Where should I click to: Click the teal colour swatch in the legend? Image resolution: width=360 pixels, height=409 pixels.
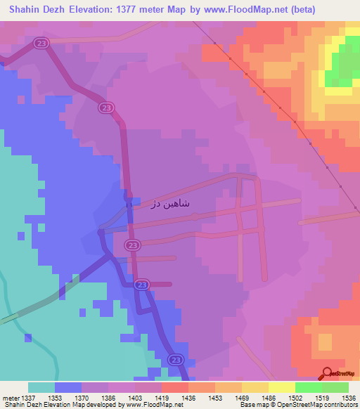pos(41,387)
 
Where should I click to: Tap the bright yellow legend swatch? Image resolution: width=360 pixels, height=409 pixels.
pos(281,387)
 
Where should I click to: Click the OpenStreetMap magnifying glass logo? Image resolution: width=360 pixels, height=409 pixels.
pos(326,372)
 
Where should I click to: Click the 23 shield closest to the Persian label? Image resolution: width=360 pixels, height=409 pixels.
pos(132,245)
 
